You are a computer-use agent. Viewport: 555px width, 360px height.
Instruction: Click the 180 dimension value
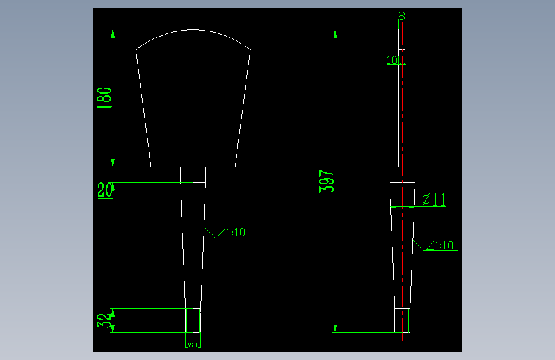105,98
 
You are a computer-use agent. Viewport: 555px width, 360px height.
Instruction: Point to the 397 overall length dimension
326,182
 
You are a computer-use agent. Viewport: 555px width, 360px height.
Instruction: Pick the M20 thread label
193,345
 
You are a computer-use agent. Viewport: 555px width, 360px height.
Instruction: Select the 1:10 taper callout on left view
232,233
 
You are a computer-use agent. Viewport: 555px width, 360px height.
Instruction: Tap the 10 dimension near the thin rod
392,61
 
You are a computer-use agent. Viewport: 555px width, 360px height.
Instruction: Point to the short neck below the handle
193,174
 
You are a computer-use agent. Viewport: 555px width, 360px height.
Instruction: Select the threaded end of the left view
193,320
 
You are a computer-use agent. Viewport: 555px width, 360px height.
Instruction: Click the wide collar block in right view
403,175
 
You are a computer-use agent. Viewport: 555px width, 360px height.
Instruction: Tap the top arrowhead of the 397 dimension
335,33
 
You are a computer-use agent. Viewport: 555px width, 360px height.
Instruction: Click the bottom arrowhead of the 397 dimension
335,329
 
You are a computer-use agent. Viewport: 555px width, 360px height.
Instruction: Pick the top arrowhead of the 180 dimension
113,34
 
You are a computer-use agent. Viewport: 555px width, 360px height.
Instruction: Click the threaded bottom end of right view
402,321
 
